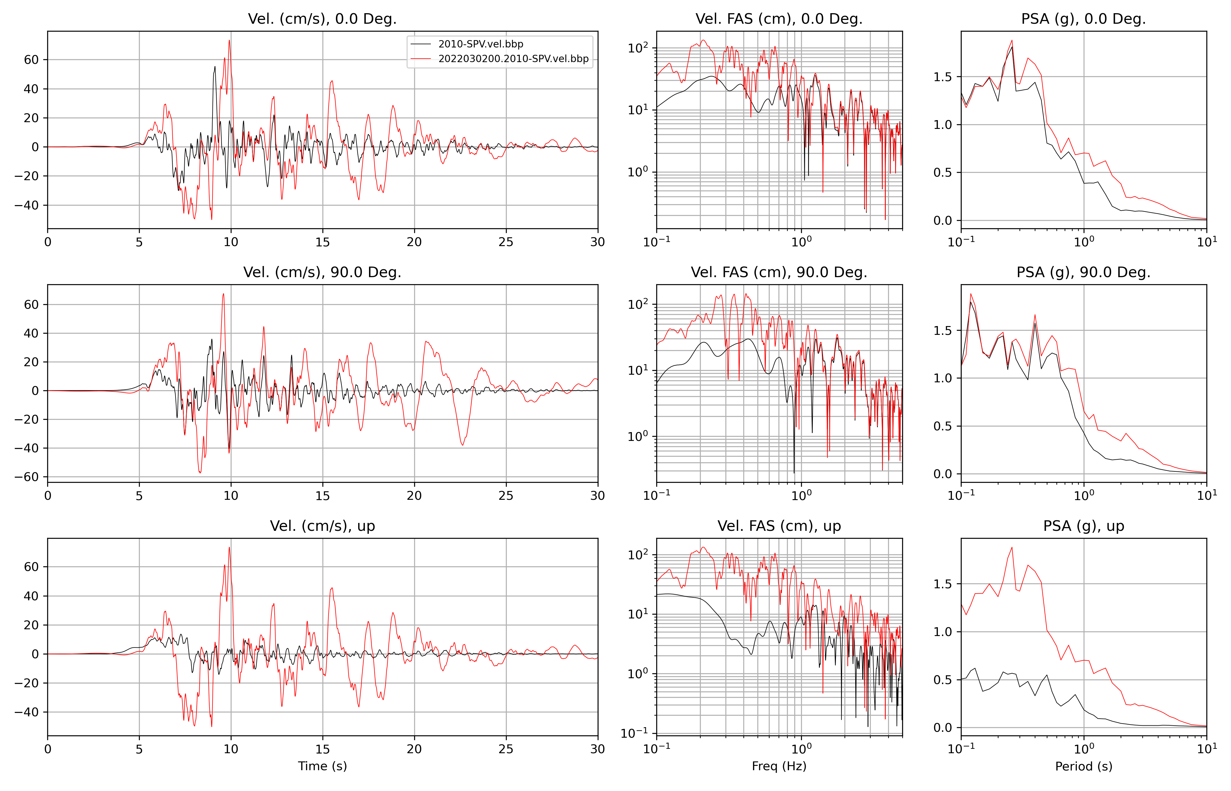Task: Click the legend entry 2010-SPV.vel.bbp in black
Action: (x=480, y=44)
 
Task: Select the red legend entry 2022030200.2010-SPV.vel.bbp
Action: (x=513, y=59)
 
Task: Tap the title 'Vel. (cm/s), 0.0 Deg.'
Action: (x=322, y=19)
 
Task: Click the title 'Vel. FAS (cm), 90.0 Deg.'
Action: (x=779, y=272)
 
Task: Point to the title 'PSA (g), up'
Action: (x=1084, y=526)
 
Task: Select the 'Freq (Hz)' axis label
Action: (x=779, y=766)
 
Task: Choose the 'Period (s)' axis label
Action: (x=1084, y=766)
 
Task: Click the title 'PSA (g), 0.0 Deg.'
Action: (x=1084, y=19)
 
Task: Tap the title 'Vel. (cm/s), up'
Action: (x=322, y=526)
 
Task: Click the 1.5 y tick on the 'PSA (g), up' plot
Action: (x=942, y=584)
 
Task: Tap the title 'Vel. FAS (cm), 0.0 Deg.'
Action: (x=779, y=19)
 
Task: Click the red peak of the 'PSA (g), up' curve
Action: (x=1012, y=548)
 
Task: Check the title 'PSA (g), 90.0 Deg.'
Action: (x=1084, y=272)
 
